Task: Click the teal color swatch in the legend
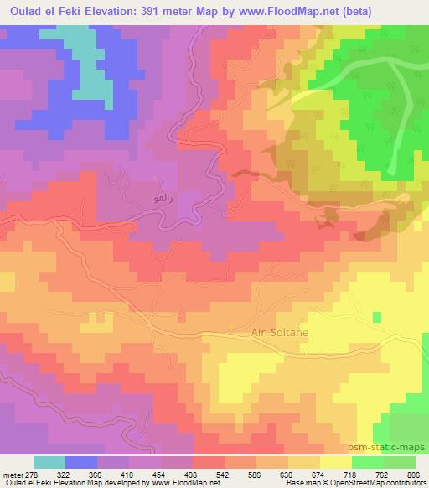pos(50,462)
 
